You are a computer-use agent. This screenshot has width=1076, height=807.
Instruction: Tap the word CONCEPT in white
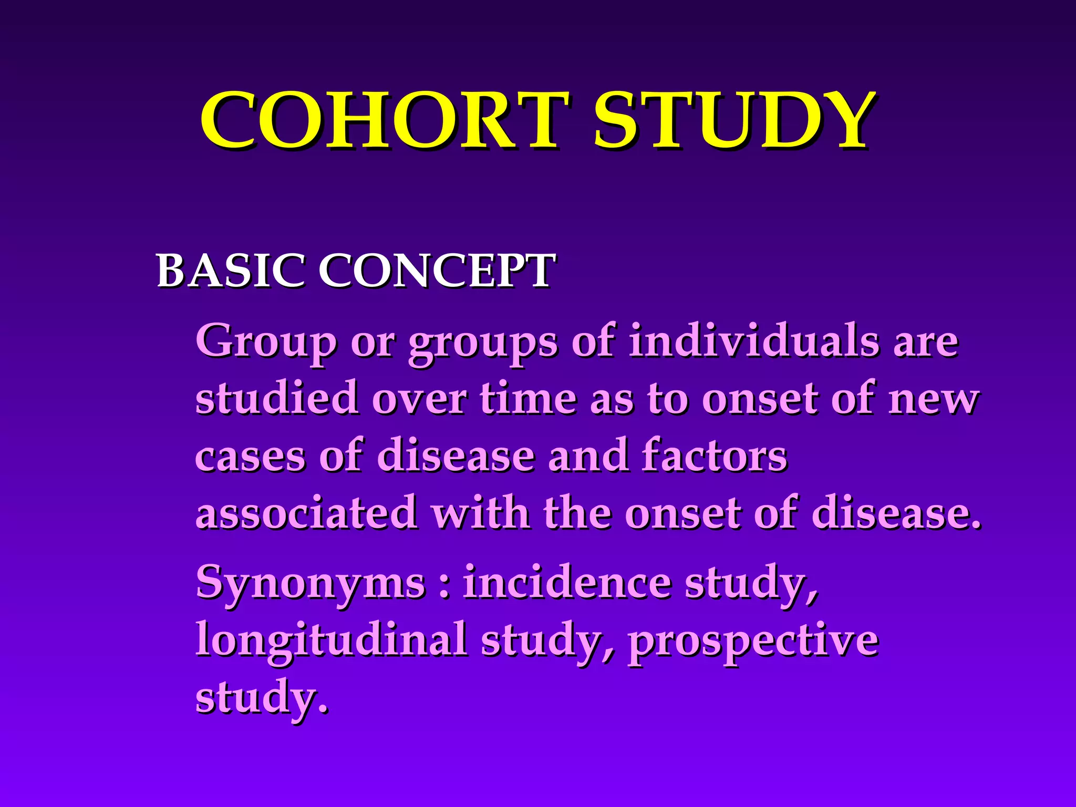pyautogui.click(x=436, y=271)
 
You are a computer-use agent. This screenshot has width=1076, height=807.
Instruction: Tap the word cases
pyautogui.click(x=250, y=456)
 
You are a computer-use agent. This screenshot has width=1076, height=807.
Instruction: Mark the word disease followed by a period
pyautogui.click(x=893, y=513)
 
